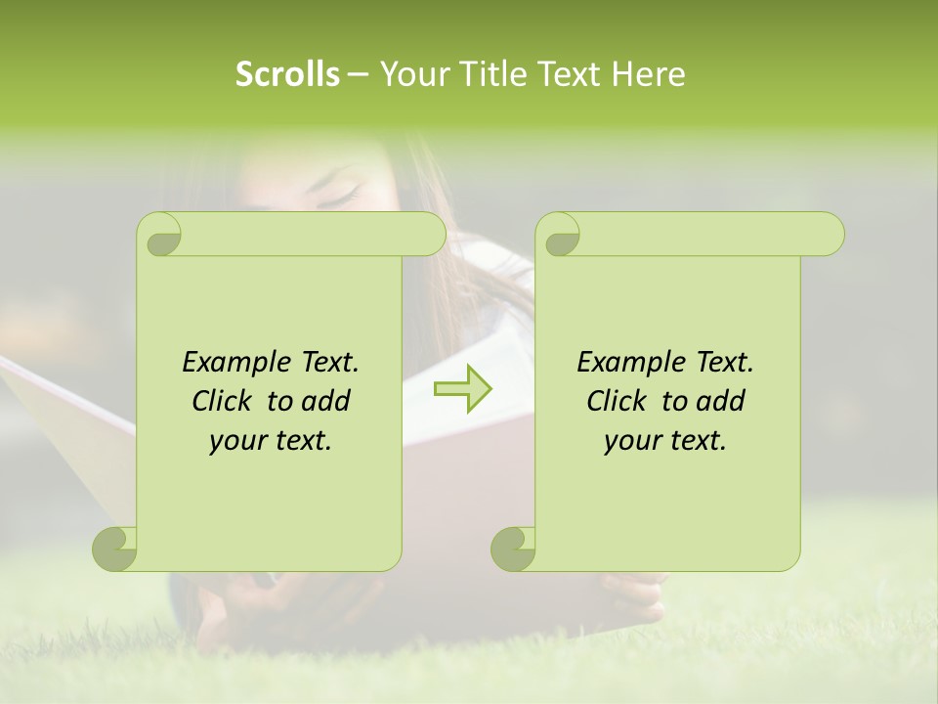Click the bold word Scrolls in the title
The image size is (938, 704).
pos(287,73)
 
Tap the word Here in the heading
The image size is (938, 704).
pos(649,73)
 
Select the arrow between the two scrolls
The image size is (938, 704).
pos(462,389)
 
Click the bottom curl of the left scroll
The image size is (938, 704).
pos(114,549)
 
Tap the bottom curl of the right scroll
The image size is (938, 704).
pos(513,549)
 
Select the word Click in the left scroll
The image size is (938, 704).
pos(225,401)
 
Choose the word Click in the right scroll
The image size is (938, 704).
pos(619,401)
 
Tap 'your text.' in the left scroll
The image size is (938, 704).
pos(271,440)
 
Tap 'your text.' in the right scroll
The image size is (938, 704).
pos(665,440)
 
